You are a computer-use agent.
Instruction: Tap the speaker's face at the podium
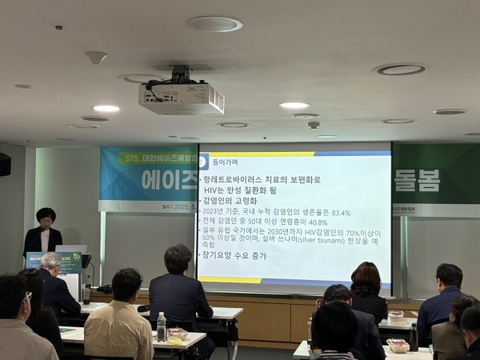46,218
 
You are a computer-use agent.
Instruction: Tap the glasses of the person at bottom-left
28,295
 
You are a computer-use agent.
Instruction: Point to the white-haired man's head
50,262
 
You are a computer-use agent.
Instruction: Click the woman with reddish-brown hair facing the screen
366,280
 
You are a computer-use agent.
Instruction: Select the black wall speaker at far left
5,163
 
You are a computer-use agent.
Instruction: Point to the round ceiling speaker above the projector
214,24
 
